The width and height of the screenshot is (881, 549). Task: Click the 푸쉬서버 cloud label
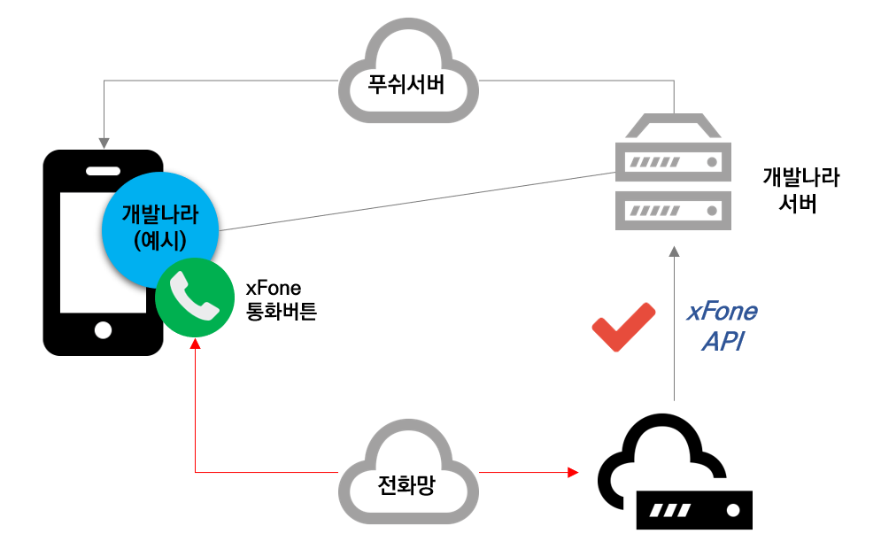[x=407, y=86]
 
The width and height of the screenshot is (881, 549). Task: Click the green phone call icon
[x=195, y=298]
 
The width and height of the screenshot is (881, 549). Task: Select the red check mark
[x=623, y=328]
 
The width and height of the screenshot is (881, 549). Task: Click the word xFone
[x=723, y=313]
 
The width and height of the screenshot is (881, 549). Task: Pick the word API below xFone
[x=723, y=341]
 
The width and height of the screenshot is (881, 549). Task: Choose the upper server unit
[x=673, y=162]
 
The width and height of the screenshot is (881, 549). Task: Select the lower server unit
[x=673, y=211]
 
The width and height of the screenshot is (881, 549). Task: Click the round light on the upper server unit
[x=711, y=163]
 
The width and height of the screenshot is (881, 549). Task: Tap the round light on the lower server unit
[x=711, y=212]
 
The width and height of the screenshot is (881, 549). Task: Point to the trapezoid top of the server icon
[x=673, y=126]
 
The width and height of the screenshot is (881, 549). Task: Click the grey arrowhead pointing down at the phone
[x=104, y=143]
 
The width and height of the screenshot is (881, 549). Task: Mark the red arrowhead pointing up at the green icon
[x=195, y=342]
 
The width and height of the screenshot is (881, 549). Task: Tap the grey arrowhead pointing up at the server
[x=674, y=251]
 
